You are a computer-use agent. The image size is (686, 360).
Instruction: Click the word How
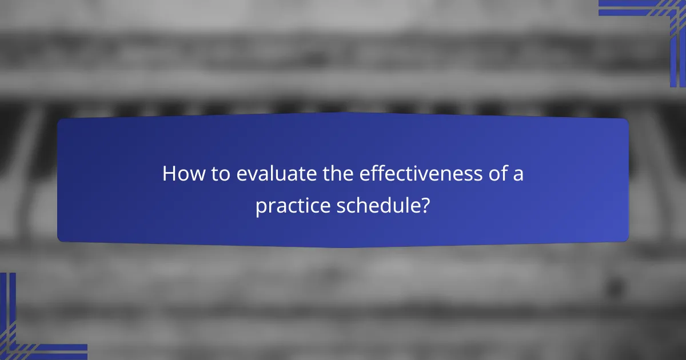point(180,174)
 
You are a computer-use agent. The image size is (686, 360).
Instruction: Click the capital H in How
point(169,174)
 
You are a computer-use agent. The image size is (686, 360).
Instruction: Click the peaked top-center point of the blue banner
point(343,114)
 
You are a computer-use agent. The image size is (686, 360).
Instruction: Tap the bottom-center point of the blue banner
point(343,246)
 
